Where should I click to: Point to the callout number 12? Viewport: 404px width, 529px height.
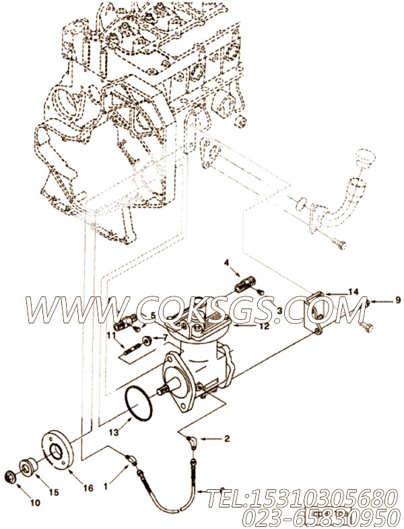click(264, 326)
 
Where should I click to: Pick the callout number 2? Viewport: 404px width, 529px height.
click(226, 438)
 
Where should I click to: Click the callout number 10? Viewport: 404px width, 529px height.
click(34, 502)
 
